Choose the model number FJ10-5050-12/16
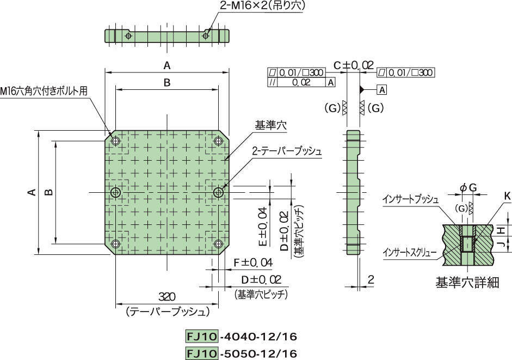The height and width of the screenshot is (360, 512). point(242,353)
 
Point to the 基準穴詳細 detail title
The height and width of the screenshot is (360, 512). point(467,283)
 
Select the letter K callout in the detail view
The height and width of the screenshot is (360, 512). point(507,195)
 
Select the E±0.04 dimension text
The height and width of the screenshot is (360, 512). point(262,226)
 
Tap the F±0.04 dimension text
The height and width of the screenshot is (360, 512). point(252,263)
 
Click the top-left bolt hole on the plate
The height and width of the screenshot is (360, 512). point(116,141)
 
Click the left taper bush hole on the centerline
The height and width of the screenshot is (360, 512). point(116,192)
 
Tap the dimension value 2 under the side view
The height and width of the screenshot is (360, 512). point(371,280)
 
